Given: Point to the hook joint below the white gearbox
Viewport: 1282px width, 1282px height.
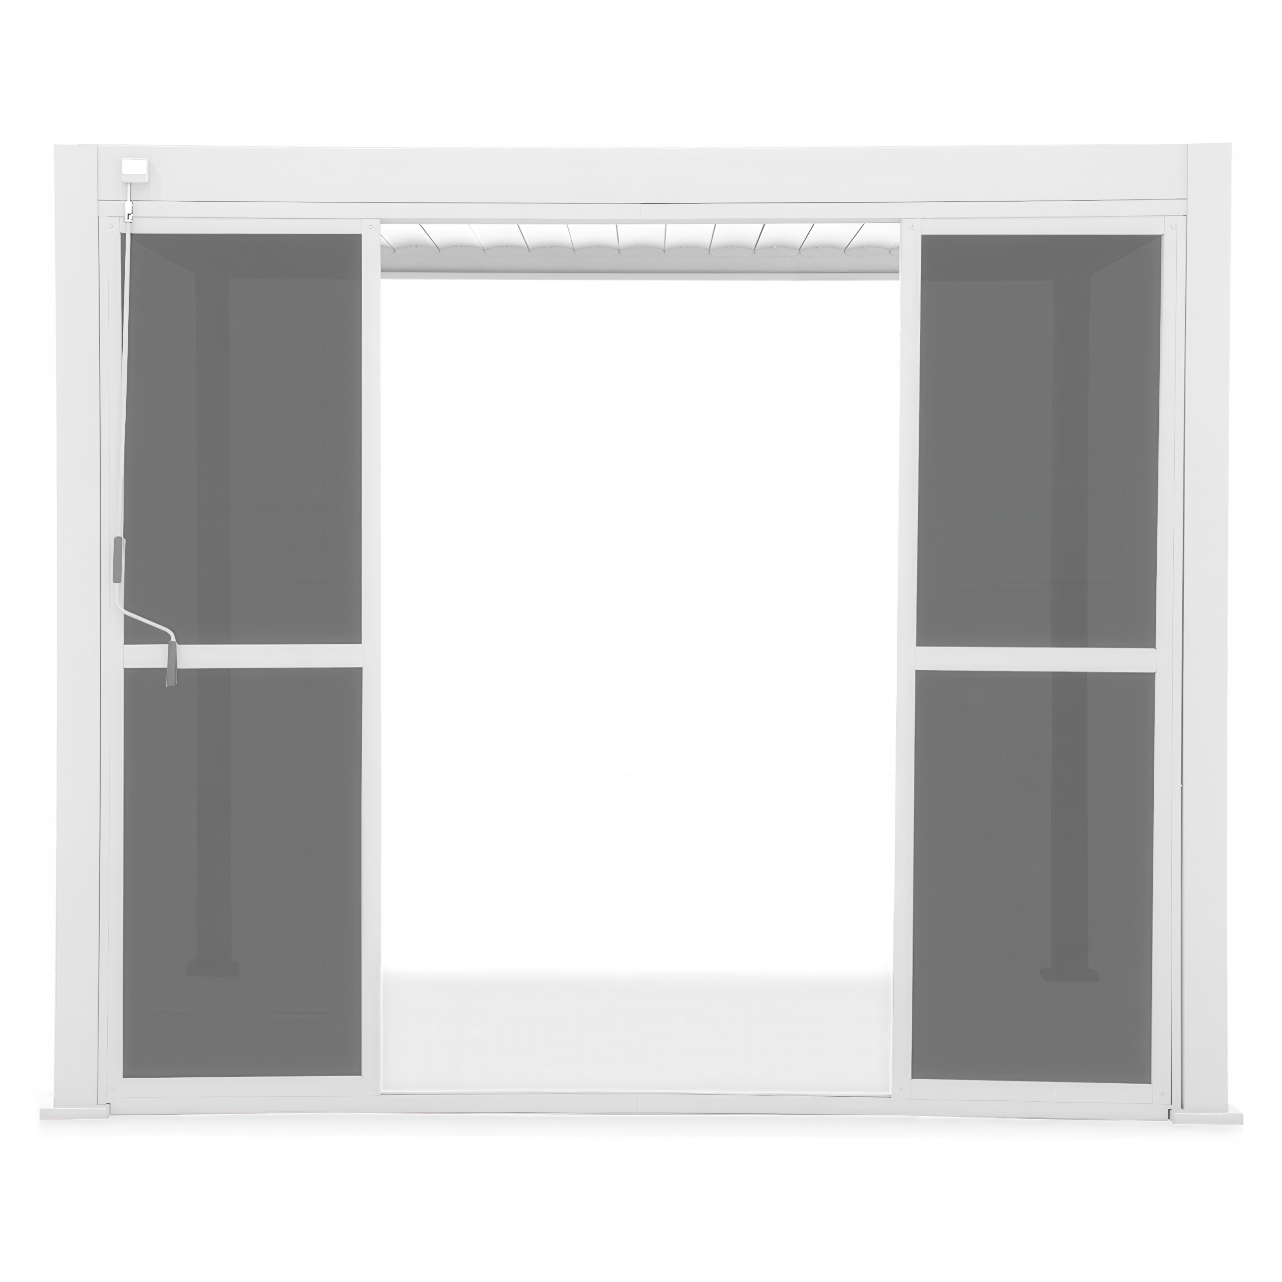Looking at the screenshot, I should [x=129, y=214].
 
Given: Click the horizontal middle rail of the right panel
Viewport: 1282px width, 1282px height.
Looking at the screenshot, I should [x=1035, y=659].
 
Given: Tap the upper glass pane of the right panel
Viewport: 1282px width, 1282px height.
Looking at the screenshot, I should [x=1039, y=438].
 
